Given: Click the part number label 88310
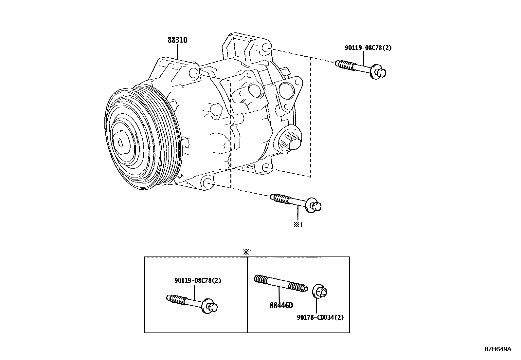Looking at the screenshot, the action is (177, 40).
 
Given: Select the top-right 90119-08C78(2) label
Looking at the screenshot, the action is (368, 48).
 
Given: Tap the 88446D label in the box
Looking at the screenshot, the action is (281, 305).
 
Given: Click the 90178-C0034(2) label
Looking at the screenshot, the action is (320, 317).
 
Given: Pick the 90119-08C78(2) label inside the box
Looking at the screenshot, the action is (198, 280).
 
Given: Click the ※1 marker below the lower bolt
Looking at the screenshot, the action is (298, 224).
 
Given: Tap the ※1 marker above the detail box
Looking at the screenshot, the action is (247, 252).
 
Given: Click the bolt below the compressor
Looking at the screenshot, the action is (296, 203).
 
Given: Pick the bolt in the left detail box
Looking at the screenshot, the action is (192, 304).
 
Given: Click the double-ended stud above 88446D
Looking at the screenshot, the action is (281, 283).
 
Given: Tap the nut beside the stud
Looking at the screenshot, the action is (320, 291).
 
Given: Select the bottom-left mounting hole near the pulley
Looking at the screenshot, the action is (207, 182).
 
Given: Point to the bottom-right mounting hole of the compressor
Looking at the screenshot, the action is (266, 168).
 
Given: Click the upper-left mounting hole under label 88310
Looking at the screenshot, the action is (193, 73).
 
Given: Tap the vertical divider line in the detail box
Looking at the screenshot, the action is (247, 295).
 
